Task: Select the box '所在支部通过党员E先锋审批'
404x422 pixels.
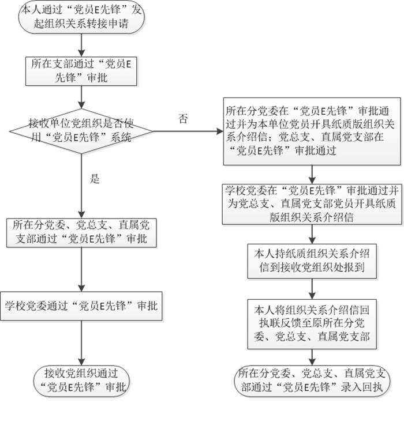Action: (83, 71)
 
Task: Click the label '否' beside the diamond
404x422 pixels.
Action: (183, 119)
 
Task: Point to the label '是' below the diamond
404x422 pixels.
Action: (96, 179)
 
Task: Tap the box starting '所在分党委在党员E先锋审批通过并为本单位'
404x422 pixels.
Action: (312, 130)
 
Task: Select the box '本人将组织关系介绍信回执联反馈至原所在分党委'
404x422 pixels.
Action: (312, 323)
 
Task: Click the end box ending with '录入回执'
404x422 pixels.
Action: (312, 380)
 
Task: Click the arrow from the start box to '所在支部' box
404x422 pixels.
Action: (83, 45)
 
